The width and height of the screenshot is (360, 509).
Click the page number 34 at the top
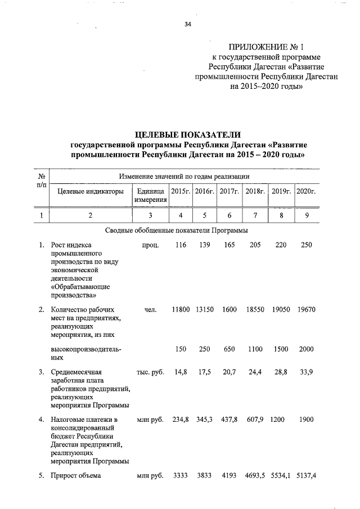click(188, 24)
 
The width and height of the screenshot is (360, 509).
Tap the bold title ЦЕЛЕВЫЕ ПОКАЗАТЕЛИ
click(188, 134)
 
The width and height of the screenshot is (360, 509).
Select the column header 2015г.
click(181, 192)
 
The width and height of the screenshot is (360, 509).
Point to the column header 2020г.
click(306, 192)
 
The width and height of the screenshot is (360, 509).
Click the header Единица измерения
click(150, 196)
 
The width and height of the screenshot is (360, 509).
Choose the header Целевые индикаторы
click(90, 192)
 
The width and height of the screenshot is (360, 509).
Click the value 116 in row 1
click(180, 245)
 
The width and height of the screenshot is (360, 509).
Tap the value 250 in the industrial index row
click(306, 245)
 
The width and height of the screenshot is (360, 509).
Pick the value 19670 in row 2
click(306, 310)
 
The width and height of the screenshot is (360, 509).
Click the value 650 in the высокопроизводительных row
click(229, 349)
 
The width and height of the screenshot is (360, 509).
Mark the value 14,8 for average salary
click(181, 372)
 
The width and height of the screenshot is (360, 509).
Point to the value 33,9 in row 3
click(306, 372)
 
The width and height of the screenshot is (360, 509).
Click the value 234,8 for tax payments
click(181, 420)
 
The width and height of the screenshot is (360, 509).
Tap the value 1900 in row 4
click(306, 420)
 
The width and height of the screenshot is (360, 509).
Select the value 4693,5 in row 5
click(255, 476)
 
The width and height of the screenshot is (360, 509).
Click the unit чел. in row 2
click(150, 310)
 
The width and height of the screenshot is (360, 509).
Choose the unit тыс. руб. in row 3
click(150, 372)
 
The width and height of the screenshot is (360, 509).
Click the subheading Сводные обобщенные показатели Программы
click(177, 230)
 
